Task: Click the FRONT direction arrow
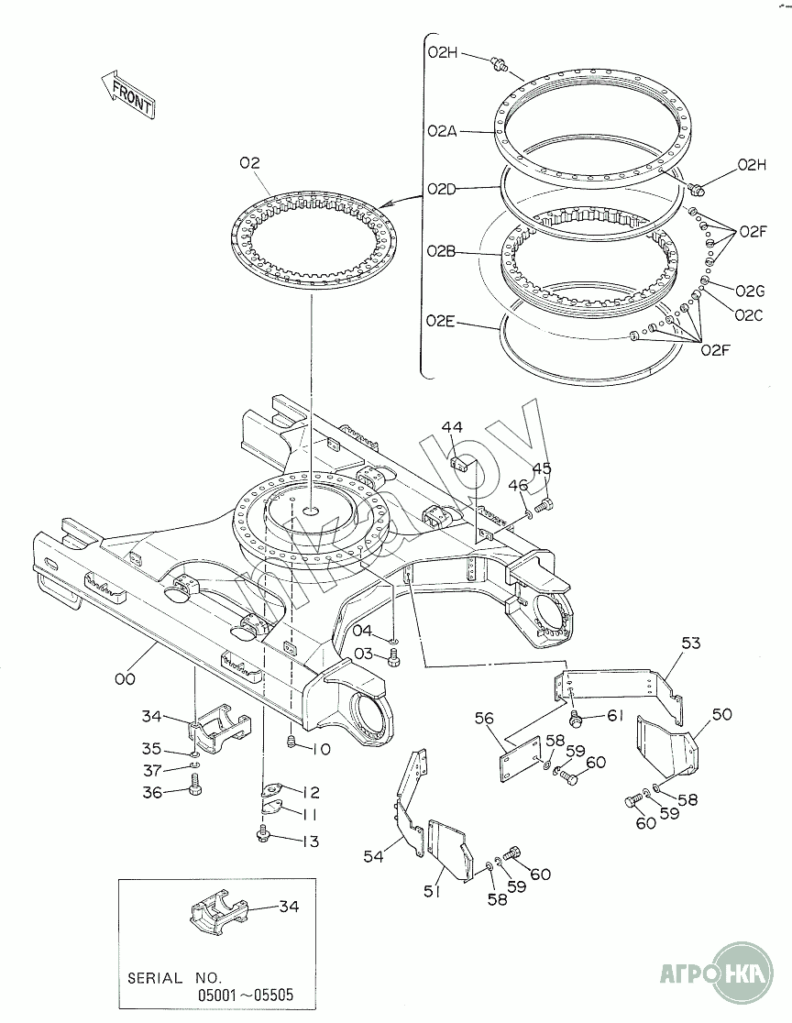coord(128,93)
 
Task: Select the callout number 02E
coord(440,321)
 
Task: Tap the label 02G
coord(749,291)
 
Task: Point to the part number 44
coord(452,427)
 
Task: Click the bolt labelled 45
coord(543,504)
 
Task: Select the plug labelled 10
coord(291,741)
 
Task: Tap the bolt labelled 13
coord(264,833)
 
